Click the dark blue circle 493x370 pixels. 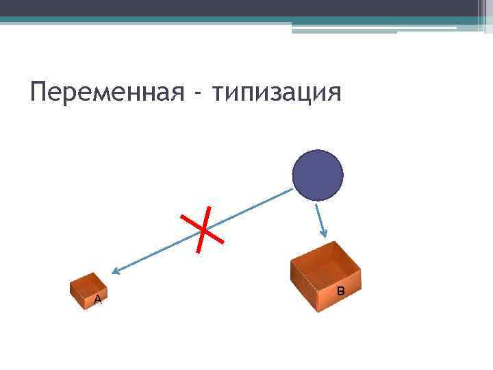(x=318, y=175)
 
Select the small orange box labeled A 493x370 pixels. (x=89, y=291)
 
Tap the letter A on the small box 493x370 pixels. (x=98, y=300)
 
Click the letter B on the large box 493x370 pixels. (x=340, y=292)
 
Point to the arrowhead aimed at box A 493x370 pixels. (x=116, y=272)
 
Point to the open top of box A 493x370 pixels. (x=88, y=282)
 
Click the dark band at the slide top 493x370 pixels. (x=246, y=8)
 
